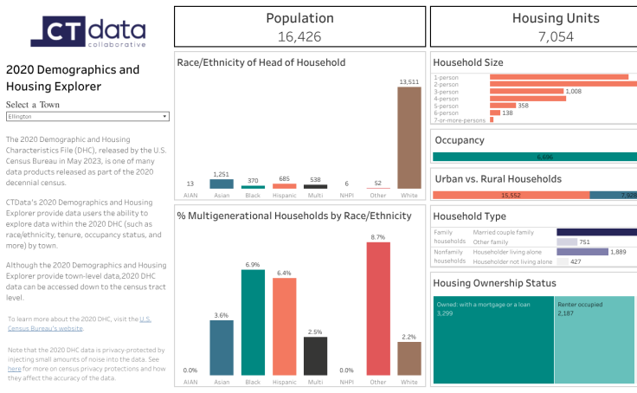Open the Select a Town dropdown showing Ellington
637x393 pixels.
(87, 116)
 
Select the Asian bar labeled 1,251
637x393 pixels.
(222, 184)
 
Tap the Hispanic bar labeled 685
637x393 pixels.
(284, 185)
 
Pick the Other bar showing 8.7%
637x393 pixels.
(377, 309)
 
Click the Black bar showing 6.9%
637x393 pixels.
(253, 322)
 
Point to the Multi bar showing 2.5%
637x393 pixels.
(315, 356)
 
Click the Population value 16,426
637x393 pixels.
(299, 35)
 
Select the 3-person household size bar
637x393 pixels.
(525, 91)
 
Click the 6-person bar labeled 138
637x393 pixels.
(495, 113)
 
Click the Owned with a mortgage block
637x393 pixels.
(493, 339)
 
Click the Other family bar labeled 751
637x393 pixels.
(567, 242)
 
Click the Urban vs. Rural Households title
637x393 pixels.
(497, 178)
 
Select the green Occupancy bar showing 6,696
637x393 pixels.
(533, 158)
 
